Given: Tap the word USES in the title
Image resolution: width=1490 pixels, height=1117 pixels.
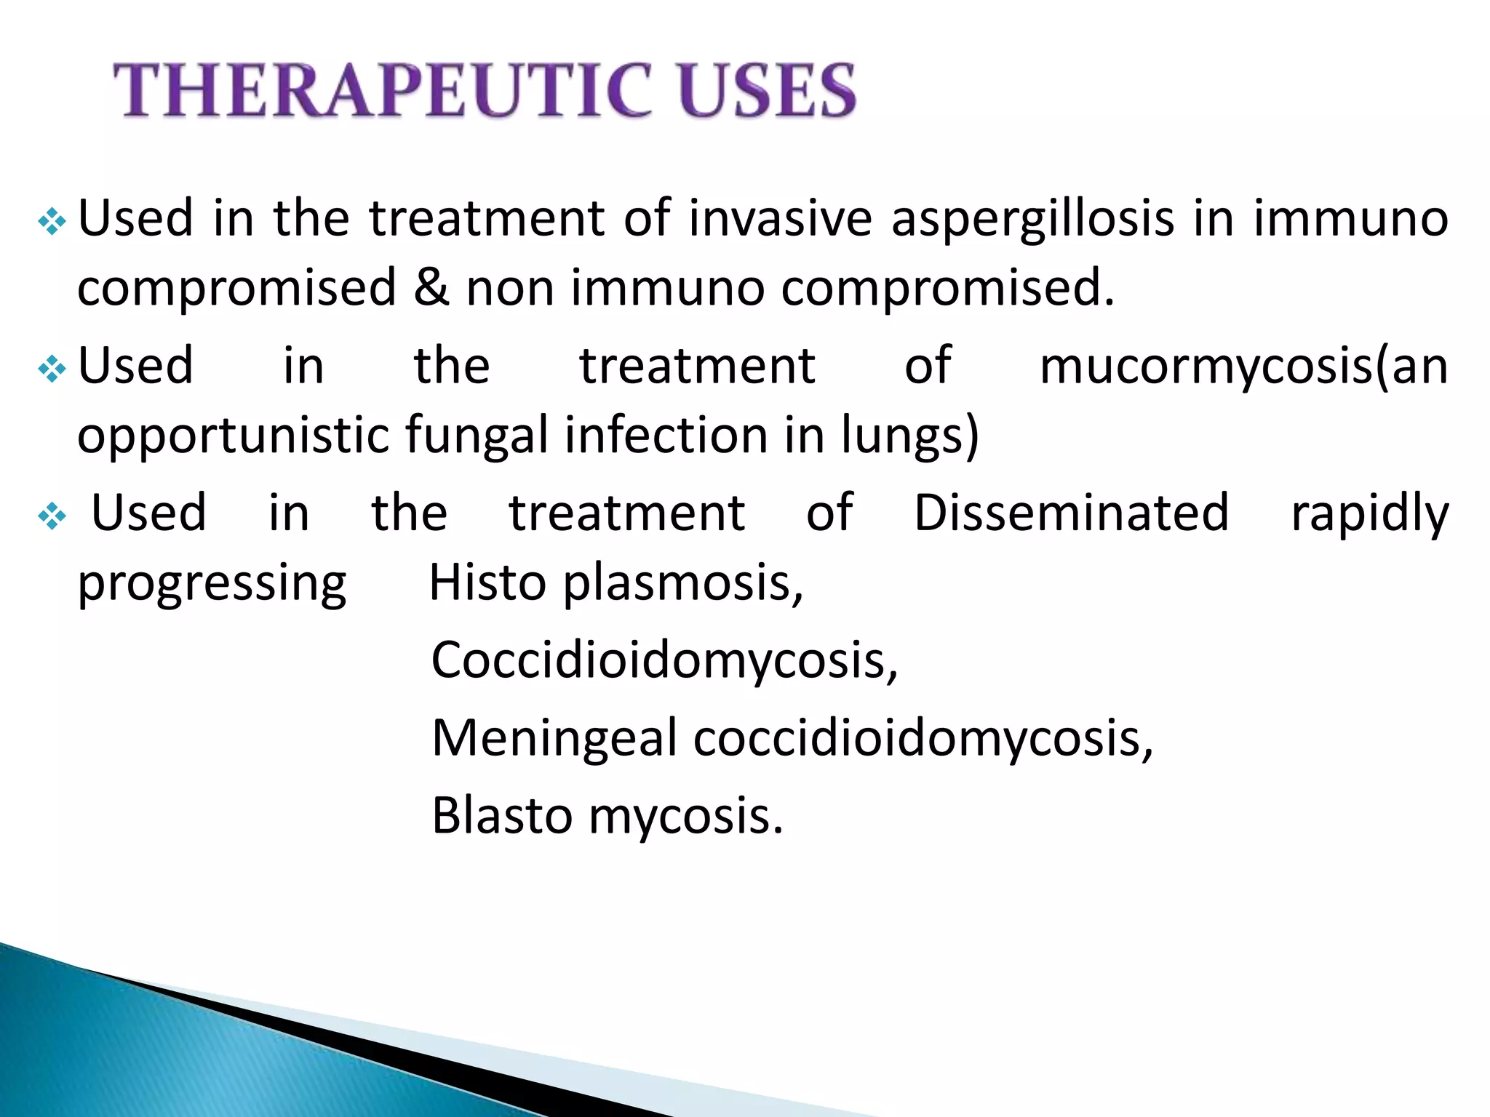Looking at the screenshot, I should (x=767, y=91).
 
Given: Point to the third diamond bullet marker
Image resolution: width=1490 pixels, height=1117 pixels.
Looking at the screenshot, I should (x=52, y=517).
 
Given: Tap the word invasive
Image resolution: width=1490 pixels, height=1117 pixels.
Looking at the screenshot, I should (x=780, y=218).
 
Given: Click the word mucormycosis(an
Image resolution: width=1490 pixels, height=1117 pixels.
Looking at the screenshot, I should (x=1243, y=367).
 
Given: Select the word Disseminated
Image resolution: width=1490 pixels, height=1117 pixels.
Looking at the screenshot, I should (x=1071, y=513).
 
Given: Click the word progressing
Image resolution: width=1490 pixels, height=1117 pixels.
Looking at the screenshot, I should (x=212, y=586).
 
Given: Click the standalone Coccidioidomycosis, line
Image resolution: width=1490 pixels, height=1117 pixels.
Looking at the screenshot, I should (x=664, y=662).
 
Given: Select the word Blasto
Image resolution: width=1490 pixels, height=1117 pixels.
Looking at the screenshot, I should (x=502, y=816).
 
